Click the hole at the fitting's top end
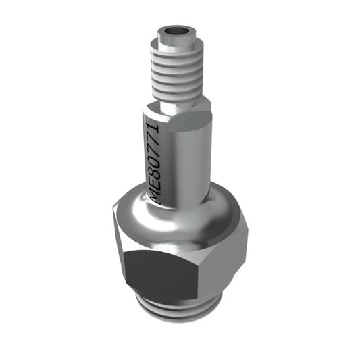pyautogui.click(x=176, y=31)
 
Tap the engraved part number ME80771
pyautogui.click(x=155, y=161)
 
